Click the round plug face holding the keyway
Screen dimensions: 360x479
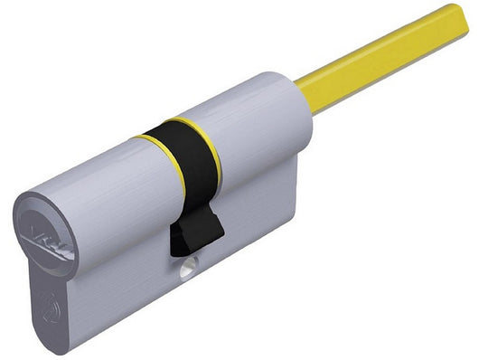(42, 232)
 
